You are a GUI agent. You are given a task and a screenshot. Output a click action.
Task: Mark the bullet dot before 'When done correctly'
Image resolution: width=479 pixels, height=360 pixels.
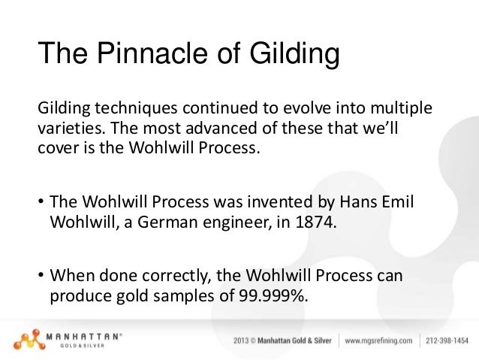coord(40,277)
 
